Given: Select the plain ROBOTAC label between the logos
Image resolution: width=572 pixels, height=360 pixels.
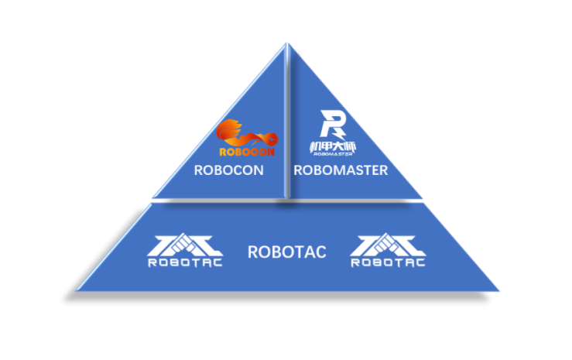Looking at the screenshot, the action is pos(286,252).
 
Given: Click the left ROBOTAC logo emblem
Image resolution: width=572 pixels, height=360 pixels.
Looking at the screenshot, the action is pos(184,244).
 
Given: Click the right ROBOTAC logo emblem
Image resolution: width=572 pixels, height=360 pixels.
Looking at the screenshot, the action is pos(388,244).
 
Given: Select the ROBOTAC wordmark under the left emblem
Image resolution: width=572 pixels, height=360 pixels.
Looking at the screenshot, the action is pos(184,262).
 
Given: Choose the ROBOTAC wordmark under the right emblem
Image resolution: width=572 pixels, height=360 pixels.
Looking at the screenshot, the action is pos(388,262).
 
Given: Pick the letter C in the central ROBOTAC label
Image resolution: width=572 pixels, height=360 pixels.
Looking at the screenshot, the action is pos(320,252).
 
